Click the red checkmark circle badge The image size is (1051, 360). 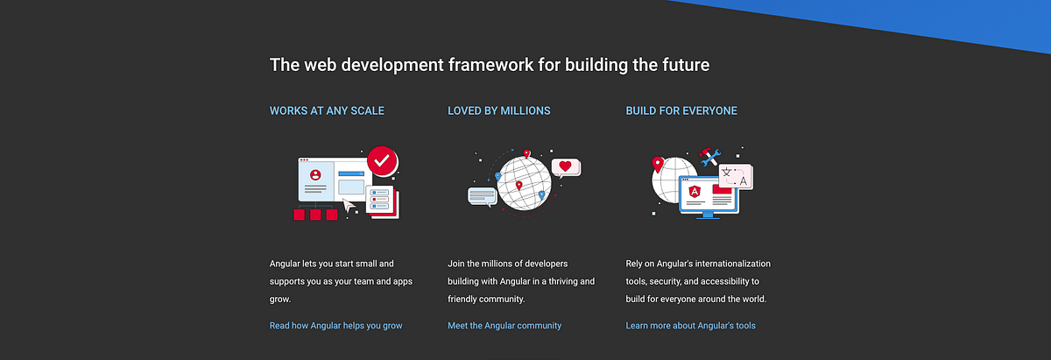point(381,161)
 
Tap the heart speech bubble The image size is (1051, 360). point(565,166)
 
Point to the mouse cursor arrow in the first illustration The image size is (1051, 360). point(349,206)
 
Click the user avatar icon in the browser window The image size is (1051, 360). point(315,174)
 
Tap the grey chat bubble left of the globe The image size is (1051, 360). point(482,195)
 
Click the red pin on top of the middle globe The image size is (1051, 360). point(526,154)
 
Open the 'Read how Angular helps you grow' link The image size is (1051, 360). point(335,326)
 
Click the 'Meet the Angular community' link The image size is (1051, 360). point(504,326)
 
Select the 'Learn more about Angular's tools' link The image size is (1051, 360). point(690,326)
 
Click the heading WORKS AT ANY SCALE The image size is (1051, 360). point(327,111)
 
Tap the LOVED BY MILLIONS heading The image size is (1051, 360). point(498,111)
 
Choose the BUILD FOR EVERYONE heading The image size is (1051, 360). point(681,111)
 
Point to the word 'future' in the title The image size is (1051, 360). point(681,65)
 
